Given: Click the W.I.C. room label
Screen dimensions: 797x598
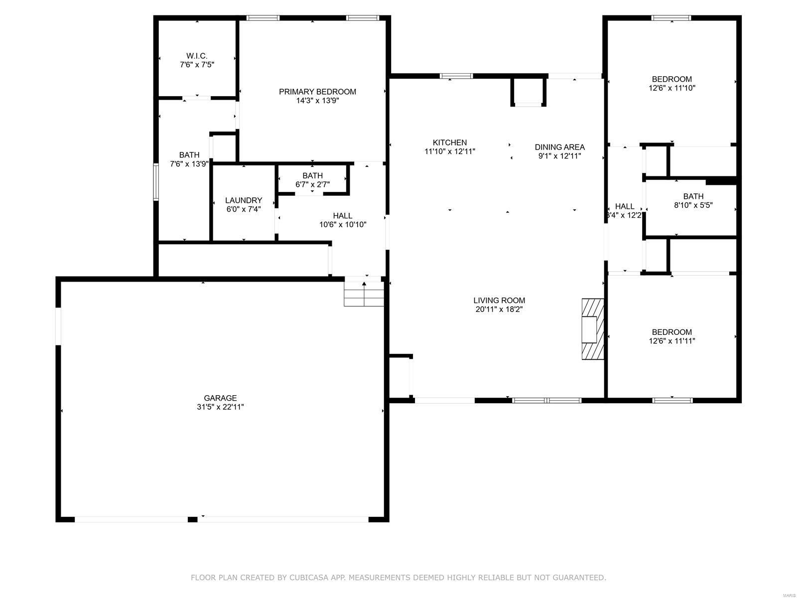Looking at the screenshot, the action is [197, 56].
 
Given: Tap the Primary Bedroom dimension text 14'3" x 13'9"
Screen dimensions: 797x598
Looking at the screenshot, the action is [317, 101].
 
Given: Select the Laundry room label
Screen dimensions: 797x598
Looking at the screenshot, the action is [243, 200].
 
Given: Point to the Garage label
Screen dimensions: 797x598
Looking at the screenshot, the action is [220, 398].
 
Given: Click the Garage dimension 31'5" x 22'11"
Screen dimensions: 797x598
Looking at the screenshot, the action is [220, 407].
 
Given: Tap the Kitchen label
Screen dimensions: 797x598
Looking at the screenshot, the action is [449, 143].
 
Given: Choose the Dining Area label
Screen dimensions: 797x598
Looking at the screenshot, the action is [559, 147].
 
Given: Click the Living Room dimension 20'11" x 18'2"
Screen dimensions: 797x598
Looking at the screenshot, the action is [499, 309].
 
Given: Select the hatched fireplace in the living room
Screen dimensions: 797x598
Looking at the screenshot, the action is [593, 329].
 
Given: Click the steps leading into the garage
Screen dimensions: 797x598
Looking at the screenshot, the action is [364, 294].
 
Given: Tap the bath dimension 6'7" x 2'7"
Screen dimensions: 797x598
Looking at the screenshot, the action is [312, 184].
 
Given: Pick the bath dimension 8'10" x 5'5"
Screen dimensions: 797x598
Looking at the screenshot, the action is [693, 205].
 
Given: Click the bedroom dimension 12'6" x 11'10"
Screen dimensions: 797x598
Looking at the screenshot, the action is [672, 88].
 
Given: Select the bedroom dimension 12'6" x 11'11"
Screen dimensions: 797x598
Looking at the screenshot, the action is [672, 341].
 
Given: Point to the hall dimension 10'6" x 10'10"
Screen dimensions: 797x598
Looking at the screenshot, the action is [342, 225].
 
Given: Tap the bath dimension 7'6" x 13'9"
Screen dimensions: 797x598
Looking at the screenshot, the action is [189, 164].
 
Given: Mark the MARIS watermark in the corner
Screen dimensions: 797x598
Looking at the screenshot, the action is [788, 596].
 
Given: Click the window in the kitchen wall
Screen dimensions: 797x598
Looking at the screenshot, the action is [456, 76].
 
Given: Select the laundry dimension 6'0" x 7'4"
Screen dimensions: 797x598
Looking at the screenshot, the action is [243, 209].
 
